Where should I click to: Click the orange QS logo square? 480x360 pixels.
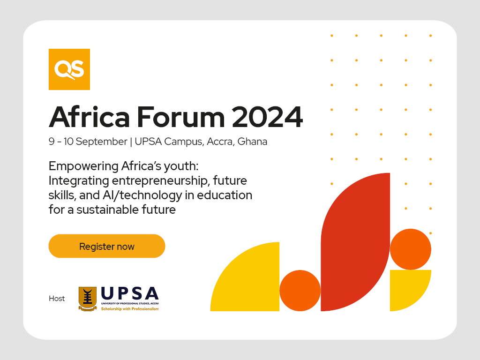pyautogui.click(x=69, y=69)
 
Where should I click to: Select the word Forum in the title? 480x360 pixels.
pyautogui.click(x=180, y=117)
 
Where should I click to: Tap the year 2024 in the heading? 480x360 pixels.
pyautogui.click(x=267, y=117)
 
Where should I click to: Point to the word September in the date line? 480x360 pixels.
pyautogui.click(x=101, y=142)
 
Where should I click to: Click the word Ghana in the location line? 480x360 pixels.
pyautogui.click(x=252, y=142)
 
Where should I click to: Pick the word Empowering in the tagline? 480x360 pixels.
pyautogui.click(x=83, y=166)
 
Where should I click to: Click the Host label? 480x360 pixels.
pyautogui.click(x=57, y=299)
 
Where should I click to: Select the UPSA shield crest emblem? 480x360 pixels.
pyautogui.click(x=88, y=299)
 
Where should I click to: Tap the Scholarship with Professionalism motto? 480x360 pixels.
pyautogui.click(x=130, y=309)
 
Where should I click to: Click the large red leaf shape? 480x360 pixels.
pyautogui.click(x=355, y=242)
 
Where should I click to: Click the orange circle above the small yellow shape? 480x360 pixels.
pyautogui.click(x=411, y=249)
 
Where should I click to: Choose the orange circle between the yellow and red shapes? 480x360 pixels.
pyautogui.click(x=300, y=291)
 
